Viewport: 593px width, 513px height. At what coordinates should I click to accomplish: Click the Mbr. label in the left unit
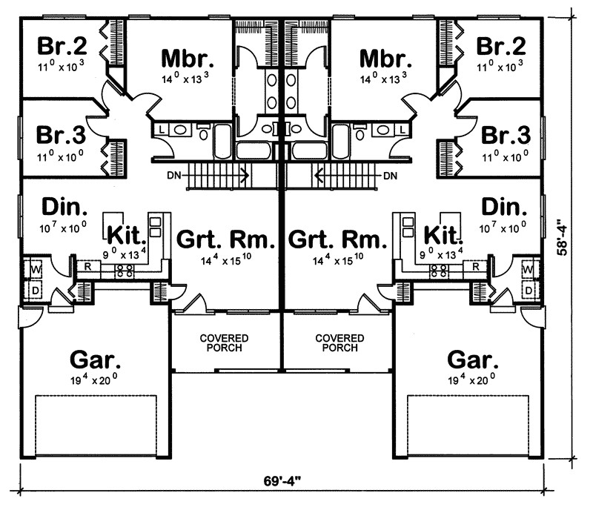(187, 59)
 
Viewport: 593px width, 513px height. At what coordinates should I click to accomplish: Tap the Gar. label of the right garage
(472, 360)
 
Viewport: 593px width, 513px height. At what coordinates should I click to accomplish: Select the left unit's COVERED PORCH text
(225, 342)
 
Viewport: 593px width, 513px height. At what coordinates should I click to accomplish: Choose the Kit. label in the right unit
(442, 235)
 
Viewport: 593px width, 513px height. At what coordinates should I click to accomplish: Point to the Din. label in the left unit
(63, 205)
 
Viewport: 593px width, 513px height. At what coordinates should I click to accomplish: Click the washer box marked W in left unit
(36, 268)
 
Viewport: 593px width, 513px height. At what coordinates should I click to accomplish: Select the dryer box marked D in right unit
(529, 289)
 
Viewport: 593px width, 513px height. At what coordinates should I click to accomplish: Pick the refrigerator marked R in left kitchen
(87, 266)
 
